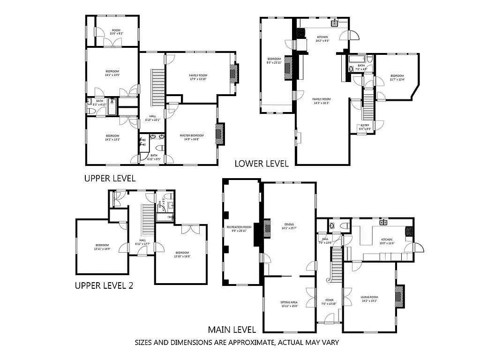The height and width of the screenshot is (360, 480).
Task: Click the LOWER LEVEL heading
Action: (261, 163)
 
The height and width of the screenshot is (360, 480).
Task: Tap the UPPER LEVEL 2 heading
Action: (104, 285)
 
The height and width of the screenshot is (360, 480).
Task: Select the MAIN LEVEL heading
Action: (232, 330)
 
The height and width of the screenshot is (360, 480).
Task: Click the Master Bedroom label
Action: (192, 137)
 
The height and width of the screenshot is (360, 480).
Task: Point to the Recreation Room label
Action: (239, 229)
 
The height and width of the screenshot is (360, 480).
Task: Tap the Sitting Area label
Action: (289, 304)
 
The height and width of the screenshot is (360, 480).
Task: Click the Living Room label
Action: (369, 299)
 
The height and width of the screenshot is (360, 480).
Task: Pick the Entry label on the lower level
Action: (365, 127)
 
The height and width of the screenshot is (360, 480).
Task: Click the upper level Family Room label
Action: (198, 77)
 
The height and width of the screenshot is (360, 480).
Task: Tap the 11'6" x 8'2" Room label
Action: (116, 32)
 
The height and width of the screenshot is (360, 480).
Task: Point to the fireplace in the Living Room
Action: (399, 296)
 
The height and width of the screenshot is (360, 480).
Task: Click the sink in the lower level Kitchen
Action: (335, 23)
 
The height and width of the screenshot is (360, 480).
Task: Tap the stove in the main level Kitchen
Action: (409, 230)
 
